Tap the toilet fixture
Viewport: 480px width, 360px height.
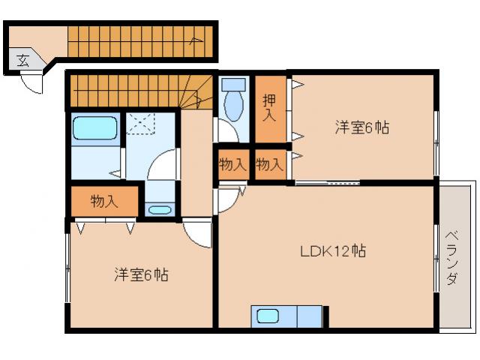(x=234, y=101)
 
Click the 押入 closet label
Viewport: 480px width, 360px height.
(x=269, y=108)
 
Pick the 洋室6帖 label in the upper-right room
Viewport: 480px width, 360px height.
(x=361, y=127)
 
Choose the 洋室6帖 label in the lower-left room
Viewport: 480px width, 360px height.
(x=141, y=275)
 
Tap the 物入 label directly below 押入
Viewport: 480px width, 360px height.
(x=269, y=164)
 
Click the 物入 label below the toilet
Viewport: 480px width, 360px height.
(x=232, y=164)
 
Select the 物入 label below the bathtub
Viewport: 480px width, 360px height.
(x=104, y=201)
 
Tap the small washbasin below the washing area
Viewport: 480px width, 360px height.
(x=160, y=209)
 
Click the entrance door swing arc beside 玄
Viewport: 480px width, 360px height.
(x=32, y=83)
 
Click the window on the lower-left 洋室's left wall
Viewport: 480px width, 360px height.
(x=68, y=266)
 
